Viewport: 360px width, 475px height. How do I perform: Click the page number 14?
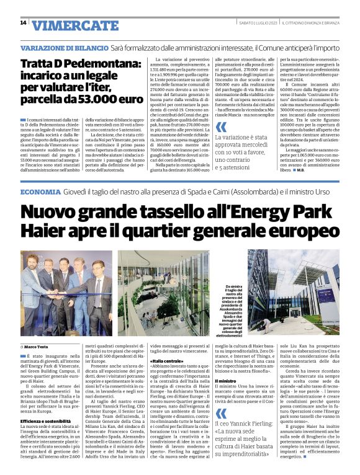click(23, 23)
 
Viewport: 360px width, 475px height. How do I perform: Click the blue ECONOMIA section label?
click(40, 193)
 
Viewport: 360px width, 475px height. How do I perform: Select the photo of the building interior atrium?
click(163, 293)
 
